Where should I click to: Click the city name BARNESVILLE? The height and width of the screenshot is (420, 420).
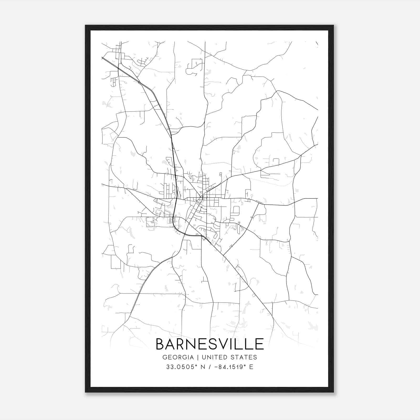[210, 344]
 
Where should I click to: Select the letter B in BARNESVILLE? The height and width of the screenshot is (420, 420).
[160, 344]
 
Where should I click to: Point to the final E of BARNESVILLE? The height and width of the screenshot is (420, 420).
[259, 344]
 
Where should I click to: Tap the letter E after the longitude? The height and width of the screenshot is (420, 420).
[251, 367]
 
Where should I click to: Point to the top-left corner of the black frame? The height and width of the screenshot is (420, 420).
[86, 25]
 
